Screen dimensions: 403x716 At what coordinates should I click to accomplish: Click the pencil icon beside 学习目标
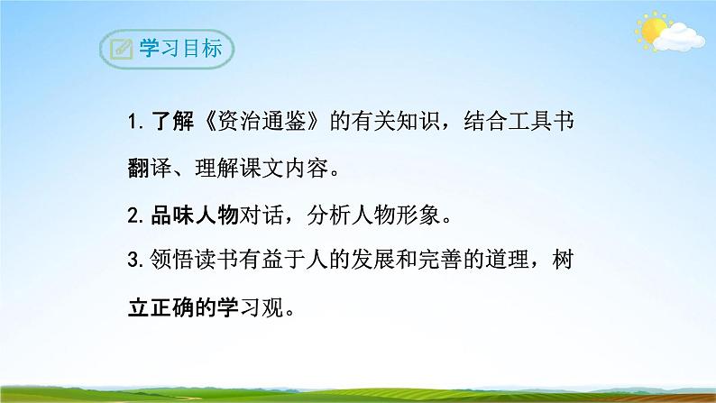[117, 49]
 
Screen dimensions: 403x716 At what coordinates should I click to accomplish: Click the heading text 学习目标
[177, 49]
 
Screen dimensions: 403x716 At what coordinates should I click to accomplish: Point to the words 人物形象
[399, 216]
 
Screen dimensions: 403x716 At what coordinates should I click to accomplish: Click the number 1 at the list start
[132, 124]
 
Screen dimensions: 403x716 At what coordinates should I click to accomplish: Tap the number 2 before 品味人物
[133, 216]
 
